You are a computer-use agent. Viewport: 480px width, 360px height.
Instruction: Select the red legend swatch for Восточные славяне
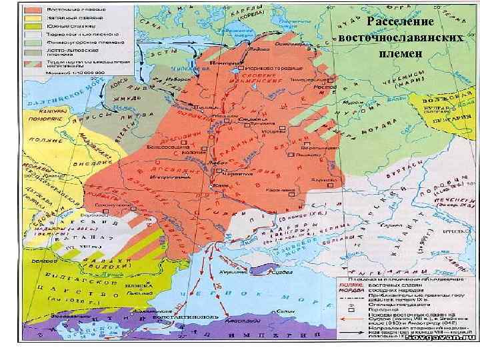tap(35, 11)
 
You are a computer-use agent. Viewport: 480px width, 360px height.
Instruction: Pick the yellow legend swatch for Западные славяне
tap(35, 19)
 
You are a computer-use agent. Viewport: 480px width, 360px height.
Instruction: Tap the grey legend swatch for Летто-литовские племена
tap(35, 51)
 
